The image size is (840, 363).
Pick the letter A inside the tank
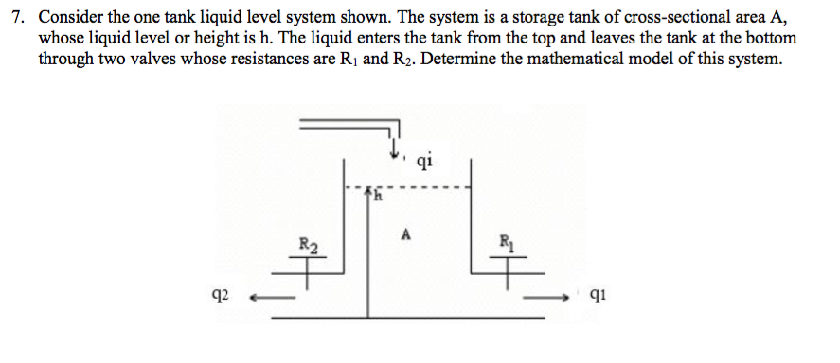coord(406,233)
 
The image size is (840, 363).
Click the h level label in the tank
coord(376,198)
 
